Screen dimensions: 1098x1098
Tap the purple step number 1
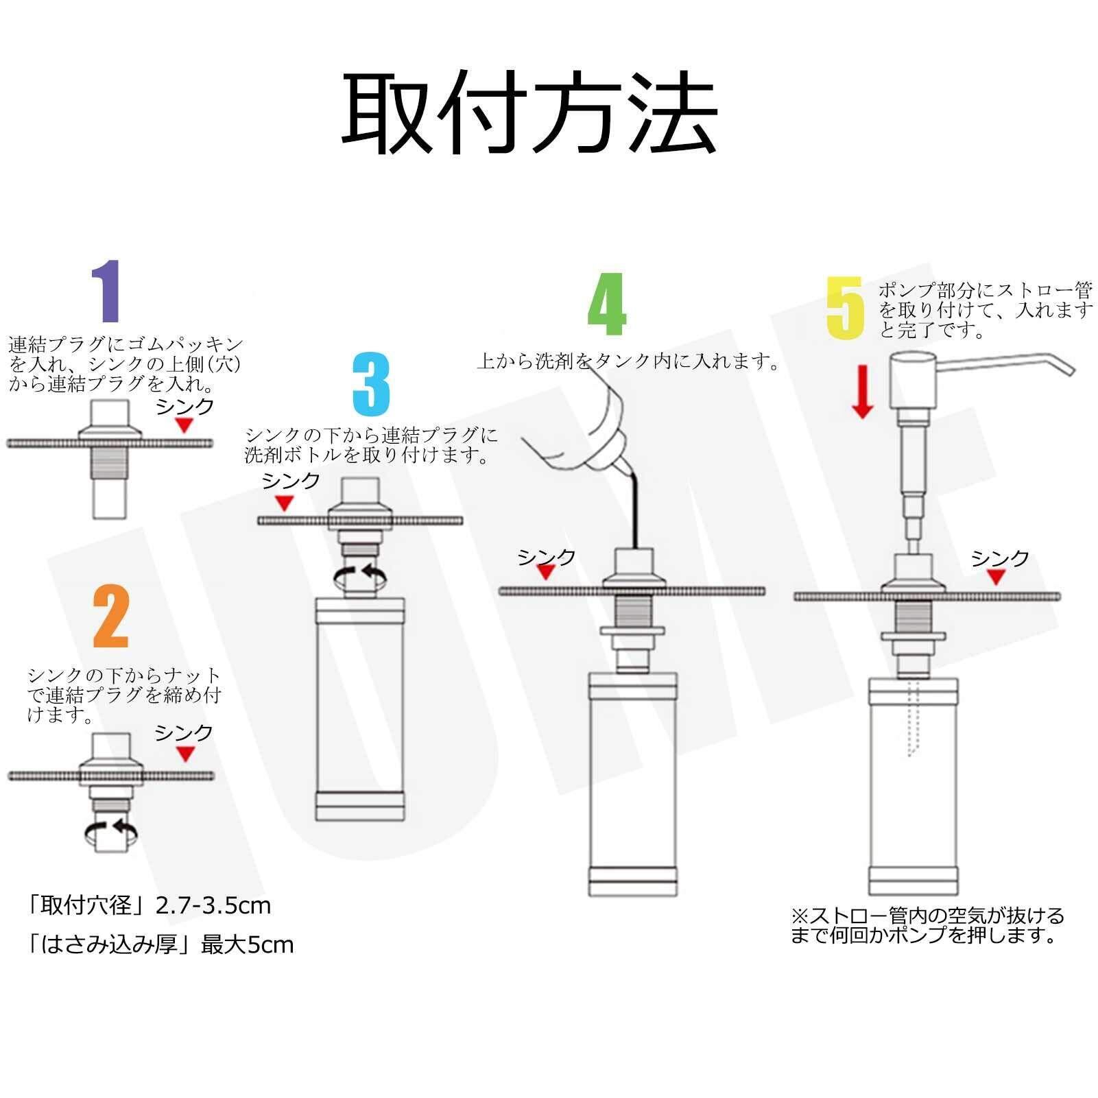(107, 291)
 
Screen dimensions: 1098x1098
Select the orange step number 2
(111, 617)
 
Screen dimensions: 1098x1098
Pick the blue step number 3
(371, 384)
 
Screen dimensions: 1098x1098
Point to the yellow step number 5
(846, 308)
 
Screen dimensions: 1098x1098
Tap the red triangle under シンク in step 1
(184, 426)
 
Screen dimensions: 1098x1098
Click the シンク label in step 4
(547, 557)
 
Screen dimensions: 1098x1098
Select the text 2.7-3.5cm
(213, 906)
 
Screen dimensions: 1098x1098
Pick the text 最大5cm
(247, 945)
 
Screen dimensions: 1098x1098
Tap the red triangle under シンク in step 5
(996, 577)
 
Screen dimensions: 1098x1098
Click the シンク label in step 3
(291, 481)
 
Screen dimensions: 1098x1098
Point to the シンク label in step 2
(184, 733)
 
